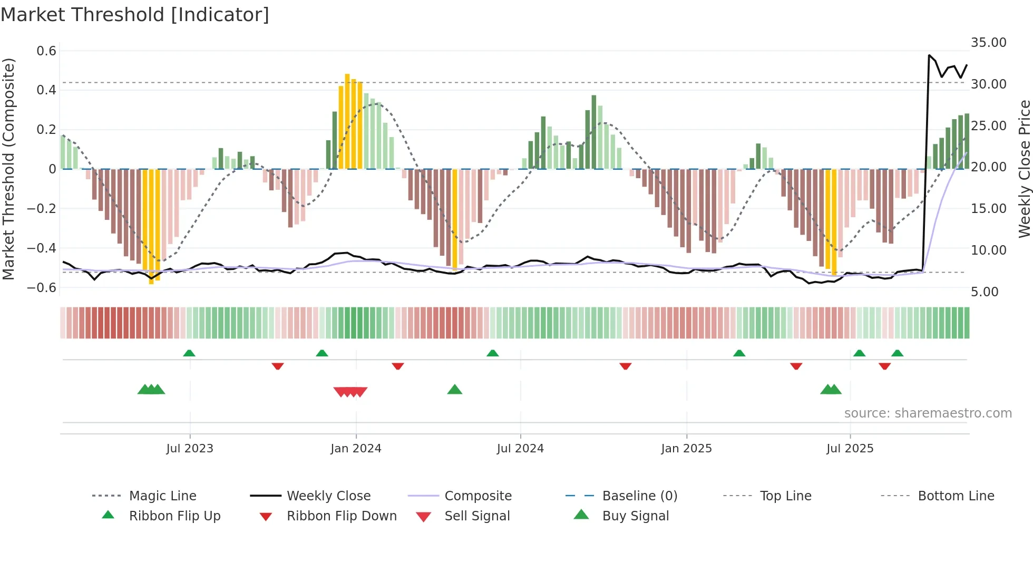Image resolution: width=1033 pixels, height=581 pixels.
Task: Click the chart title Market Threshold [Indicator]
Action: tap(135, 15)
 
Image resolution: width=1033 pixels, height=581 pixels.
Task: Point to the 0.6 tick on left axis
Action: tap(46, 51)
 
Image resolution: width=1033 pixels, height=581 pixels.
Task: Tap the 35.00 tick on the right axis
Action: tap(988, 43)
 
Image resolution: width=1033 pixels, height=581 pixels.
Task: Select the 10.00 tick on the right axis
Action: tap(988, 250)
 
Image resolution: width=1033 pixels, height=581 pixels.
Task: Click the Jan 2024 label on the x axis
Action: tap(356, 449)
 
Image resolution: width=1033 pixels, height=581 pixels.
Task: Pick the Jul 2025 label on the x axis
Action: tap(850, 449)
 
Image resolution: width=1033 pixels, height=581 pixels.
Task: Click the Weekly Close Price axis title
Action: tap(1024, 169)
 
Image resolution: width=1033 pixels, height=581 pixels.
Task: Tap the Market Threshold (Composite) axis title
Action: tap(8, 169)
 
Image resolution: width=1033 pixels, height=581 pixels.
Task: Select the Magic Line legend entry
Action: tap(162, 496)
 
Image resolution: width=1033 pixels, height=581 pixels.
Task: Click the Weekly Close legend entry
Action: tap(328, 496)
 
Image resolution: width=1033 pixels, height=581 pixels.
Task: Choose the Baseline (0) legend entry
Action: tap(639, 496)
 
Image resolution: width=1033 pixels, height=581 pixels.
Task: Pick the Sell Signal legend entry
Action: tap(476, 516)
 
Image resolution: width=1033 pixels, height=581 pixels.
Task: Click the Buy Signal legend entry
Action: tap(635, 516)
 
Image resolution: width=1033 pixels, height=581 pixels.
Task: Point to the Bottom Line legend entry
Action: tap(956, 496)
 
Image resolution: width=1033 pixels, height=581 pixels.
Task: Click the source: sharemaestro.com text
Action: tap(928, 413)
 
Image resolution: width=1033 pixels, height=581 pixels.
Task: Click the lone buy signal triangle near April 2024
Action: tap(454, 390)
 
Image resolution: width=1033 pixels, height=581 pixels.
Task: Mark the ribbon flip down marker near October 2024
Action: tap(626, 366)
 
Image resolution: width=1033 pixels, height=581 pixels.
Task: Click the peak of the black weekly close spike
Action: tap(929, 55)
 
